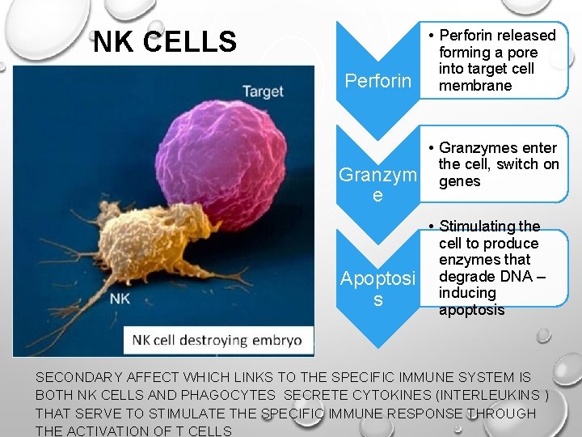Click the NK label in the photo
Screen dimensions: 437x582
(x=119, y=298)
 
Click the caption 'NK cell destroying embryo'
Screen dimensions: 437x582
(x=217, y=340)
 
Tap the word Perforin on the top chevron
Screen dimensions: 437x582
(x=377, y=81)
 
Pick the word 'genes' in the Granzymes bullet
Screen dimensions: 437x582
(x=459, y=181)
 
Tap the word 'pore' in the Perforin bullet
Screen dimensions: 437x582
(x=521, y=53)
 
